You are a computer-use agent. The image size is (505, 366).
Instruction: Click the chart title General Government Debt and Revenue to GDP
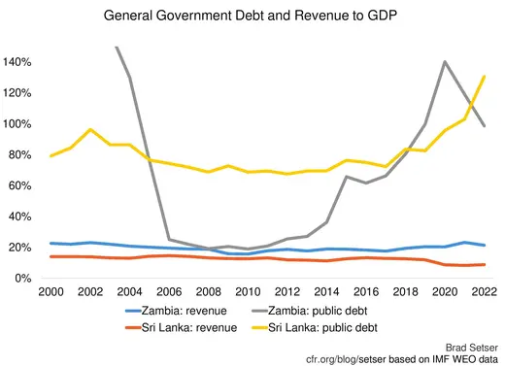[x=252, y=17]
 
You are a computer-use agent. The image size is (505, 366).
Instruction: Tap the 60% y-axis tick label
[x=20, y=185]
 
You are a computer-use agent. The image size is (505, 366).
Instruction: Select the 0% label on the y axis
[x=24, y=279]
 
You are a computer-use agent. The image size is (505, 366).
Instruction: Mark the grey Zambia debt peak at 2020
[x=444, y=62]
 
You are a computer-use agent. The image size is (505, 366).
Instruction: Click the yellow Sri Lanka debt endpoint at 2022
[x=485, y=77]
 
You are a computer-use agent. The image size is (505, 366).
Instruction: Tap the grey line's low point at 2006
[x=170, y=240]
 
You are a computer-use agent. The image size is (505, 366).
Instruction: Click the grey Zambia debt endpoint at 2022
[x=485, y=126]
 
